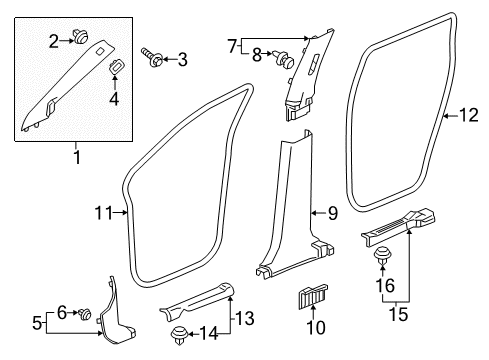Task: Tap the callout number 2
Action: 54,39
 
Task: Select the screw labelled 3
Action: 155,59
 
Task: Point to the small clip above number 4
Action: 115,68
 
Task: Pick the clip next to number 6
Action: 86,315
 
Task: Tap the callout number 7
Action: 233,45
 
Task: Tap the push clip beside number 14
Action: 179,334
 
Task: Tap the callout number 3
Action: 181,60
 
